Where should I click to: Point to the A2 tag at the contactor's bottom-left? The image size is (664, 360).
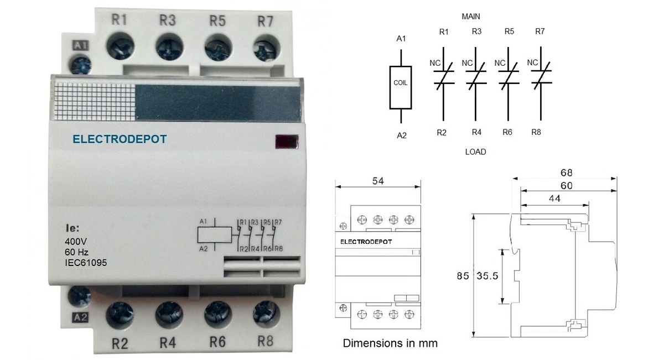pyautogui.click(x=80, y=317)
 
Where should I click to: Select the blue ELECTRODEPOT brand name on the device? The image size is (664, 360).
pyautogui.click(x=120, y=139)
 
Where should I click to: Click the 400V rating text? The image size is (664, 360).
pyautogui.click(x=76, y=242)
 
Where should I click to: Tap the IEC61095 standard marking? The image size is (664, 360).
pyautogui.click(x=86, y=263)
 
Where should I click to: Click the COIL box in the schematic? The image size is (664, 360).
pyautogui.click(x=400, y=83)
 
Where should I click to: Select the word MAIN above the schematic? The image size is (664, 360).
pyautogui.click(x=471, y=17)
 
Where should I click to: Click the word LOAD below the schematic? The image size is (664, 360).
pyautogui.click(x=475, y=152)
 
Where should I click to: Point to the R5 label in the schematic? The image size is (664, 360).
pyautogui.click(x=509, y=32)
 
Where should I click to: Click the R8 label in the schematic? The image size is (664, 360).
pyautogui.click(x=536, y=132)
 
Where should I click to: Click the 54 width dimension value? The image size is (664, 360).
pyautogui.click(x=378, y=181)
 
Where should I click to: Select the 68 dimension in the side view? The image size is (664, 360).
pyautogui.click(x=566, y=173)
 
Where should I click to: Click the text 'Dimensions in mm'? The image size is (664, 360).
pyautogui.click(x=390, y=343)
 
